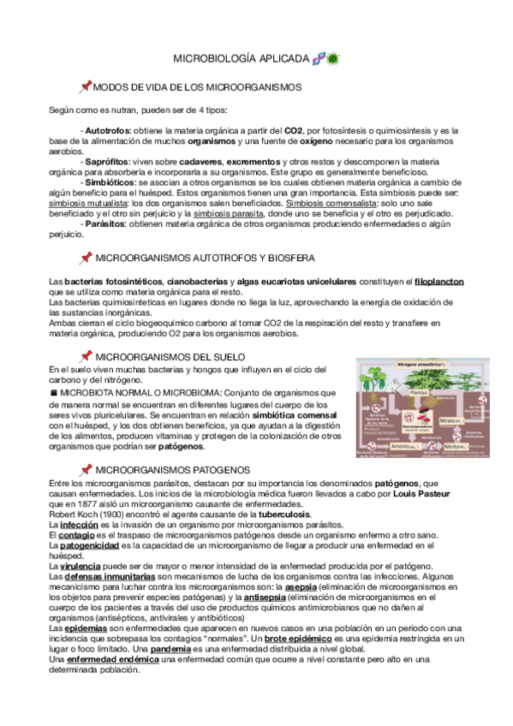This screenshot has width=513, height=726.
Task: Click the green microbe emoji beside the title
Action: [332, 58]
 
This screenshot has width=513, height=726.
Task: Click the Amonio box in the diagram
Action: [403, 445]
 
